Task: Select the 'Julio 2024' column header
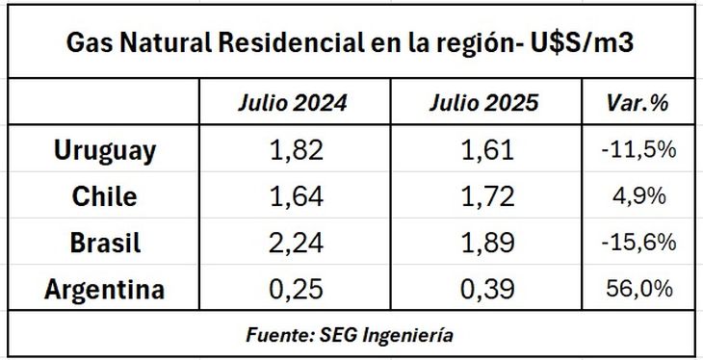(293, 102)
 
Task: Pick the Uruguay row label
(105, 150)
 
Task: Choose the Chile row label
(105, 196)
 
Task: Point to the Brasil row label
(105, 243)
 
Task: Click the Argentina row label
(105, 289)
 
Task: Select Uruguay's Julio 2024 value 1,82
(293, 150)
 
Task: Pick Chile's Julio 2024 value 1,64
(293, 196)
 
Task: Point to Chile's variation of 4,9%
(638, 196)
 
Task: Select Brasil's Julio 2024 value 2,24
(293, 243)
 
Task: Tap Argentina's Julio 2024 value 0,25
(293, 289)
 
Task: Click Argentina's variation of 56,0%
(638, 289)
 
